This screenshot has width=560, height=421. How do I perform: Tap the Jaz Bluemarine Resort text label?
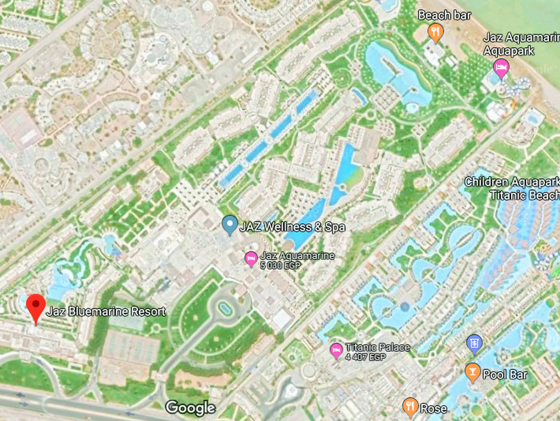106,311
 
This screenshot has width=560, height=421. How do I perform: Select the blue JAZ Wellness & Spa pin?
230,225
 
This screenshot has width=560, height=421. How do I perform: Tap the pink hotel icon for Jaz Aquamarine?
251,260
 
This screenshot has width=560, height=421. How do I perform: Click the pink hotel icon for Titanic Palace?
336,351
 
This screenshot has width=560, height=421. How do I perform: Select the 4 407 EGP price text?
366,357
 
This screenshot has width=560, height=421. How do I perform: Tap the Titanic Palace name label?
377,347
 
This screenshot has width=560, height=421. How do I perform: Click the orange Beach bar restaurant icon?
435,31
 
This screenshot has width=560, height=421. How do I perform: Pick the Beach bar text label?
445,15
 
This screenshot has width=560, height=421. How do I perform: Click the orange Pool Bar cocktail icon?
472,373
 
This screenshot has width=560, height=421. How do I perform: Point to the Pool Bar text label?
505,374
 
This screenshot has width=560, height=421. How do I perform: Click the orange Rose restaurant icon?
410,407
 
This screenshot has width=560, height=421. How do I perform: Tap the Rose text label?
433,407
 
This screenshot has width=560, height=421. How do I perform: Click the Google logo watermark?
190,408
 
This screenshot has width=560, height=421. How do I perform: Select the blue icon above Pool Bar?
474,342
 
